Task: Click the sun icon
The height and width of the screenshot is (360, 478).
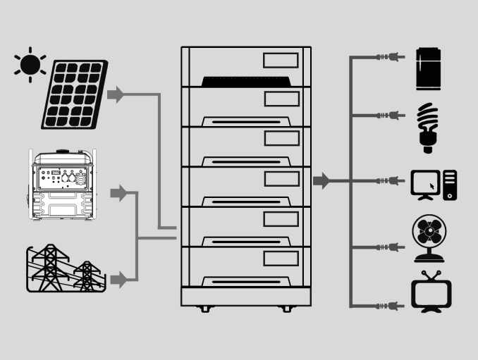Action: tap(30, 65)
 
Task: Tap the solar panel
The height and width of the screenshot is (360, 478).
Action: tap(74, 94)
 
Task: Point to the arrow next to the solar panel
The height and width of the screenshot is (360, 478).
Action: tap(115, 94)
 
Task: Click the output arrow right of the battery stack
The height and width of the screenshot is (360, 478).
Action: tap(321, 180)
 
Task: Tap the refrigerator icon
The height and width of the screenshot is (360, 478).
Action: tap(428, 68)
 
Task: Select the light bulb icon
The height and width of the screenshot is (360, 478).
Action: tap(427, 127)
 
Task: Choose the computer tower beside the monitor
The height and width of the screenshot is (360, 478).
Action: tap(450, 185)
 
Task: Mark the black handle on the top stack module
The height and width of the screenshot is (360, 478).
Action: tap(246, 81)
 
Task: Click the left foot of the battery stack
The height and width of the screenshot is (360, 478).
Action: tap(204, 309)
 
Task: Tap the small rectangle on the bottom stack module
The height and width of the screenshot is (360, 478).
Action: tap(281, 258)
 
